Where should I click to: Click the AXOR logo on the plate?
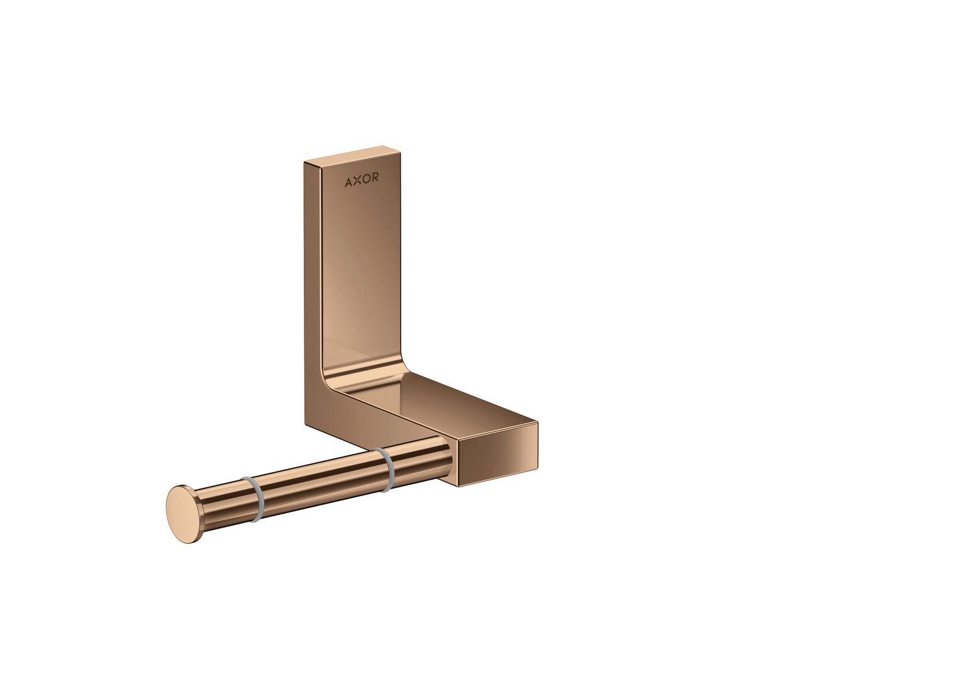click(x=362, y=180)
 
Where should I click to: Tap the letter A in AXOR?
click(x=348, y=182)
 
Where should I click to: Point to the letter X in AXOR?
click(x=357, y=180)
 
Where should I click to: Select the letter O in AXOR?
click(x=366, y=179)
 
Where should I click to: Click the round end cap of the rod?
click(x=182, y=514)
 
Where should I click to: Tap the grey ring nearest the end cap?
click(x=254, y=499)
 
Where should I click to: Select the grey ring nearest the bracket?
click(x=384, y=470)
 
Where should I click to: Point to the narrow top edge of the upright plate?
click(x=352, y=155)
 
